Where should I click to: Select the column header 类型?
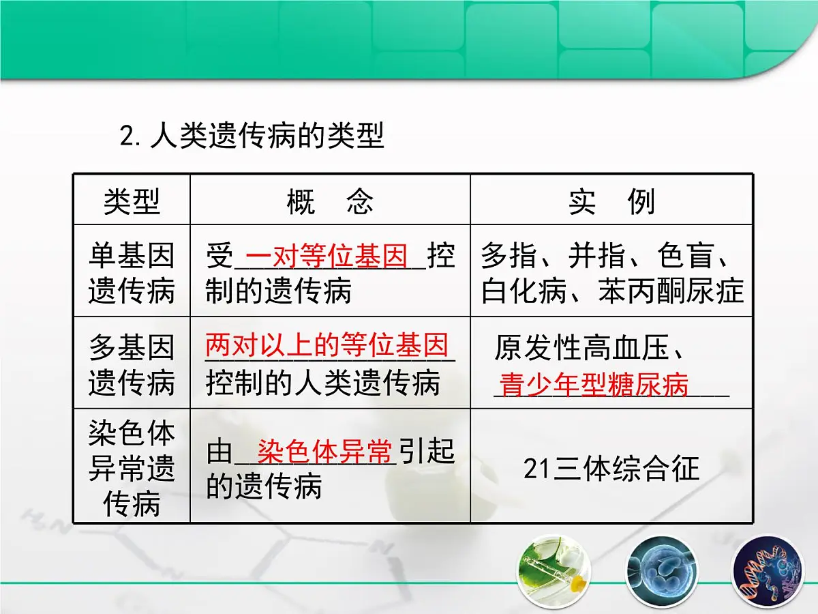[x=132, y=201]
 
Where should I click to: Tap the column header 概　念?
[x=330, y=201]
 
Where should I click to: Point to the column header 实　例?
[x=611, y=201]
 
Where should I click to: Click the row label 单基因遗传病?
[x=132, y=273]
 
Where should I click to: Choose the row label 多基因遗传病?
[x=132, y=365]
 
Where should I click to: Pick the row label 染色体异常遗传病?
[x=132, y=468]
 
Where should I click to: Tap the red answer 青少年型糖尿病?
[x=594, y=385]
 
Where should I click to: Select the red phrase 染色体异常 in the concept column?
[x=325, y=451]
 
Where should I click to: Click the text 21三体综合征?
[x=611, y=469]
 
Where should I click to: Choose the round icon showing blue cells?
[x=657, y=570]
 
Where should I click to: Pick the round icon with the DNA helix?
[x=764, y=570]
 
